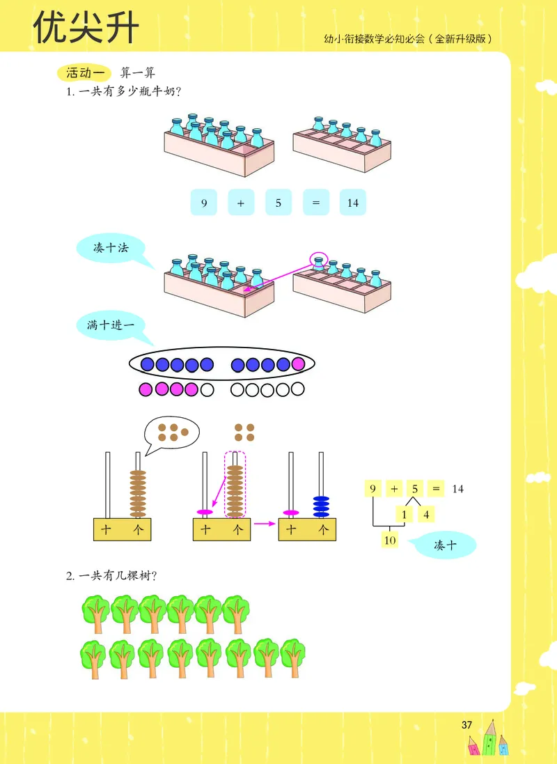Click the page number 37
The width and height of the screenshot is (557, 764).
pyautogui.click(x=466, y=725)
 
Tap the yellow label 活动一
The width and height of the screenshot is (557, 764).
pyautogui.click(x=84, y=72)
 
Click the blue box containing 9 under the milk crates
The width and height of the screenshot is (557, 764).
pyautogui.click(x=204, y=203)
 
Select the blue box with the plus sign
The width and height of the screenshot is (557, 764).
pyautogui.click(x=241, y=203)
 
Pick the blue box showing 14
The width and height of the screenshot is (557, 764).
pyautogui.click(x=353, y=203)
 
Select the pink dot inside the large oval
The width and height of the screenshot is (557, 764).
pyautogui.click(x=299, y=364)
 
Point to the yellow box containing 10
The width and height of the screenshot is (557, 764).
pyautogui.click(x=389, y=539)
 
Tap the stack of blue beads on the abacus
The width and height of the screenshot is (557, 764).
pyautogui.click(x=320, y=506)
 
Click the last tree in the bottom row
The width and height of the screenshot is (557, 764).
pyautogui.click(x=292, y=658)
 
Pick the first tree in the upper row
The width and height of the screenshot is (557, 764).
pyautogui.click(x=95, y=613)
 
